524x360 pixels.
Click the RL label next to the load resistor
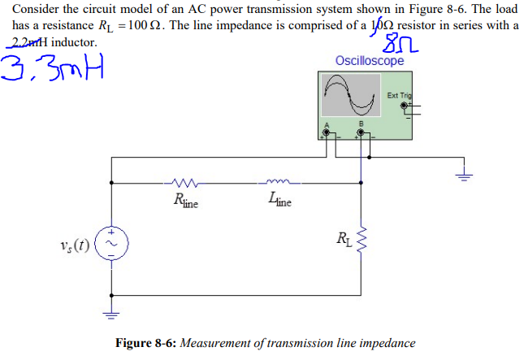pyautogui.click(x=342, y=239)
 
